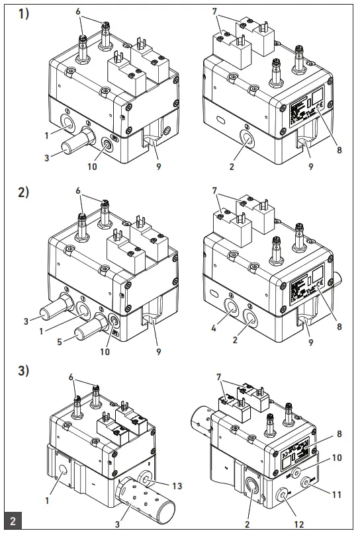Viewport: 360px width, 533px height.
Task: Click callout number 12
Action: click(x=299, y=522)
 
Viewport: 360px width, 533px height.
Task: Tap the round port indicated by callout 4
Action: click(x=232, y=306)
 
